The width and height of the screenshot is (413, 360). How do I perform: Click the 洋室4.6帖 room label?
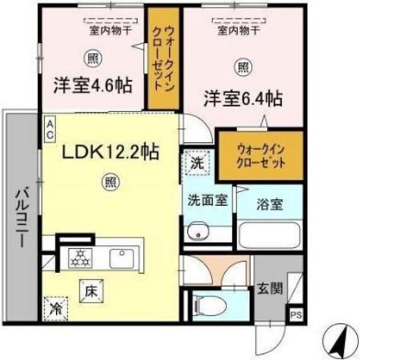pyautogui.click(x=92, y=85)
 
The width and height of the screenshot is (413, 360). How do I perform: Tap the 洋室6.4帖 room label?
pyautogui.click(x=243, y=97)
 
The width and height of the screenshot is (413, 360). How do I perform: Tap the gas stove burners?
pyautogui.click(x=79, y=257)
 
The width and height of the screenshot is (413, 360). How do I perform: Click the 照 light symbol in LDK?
pyautogui.click(x=109, y=179)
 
